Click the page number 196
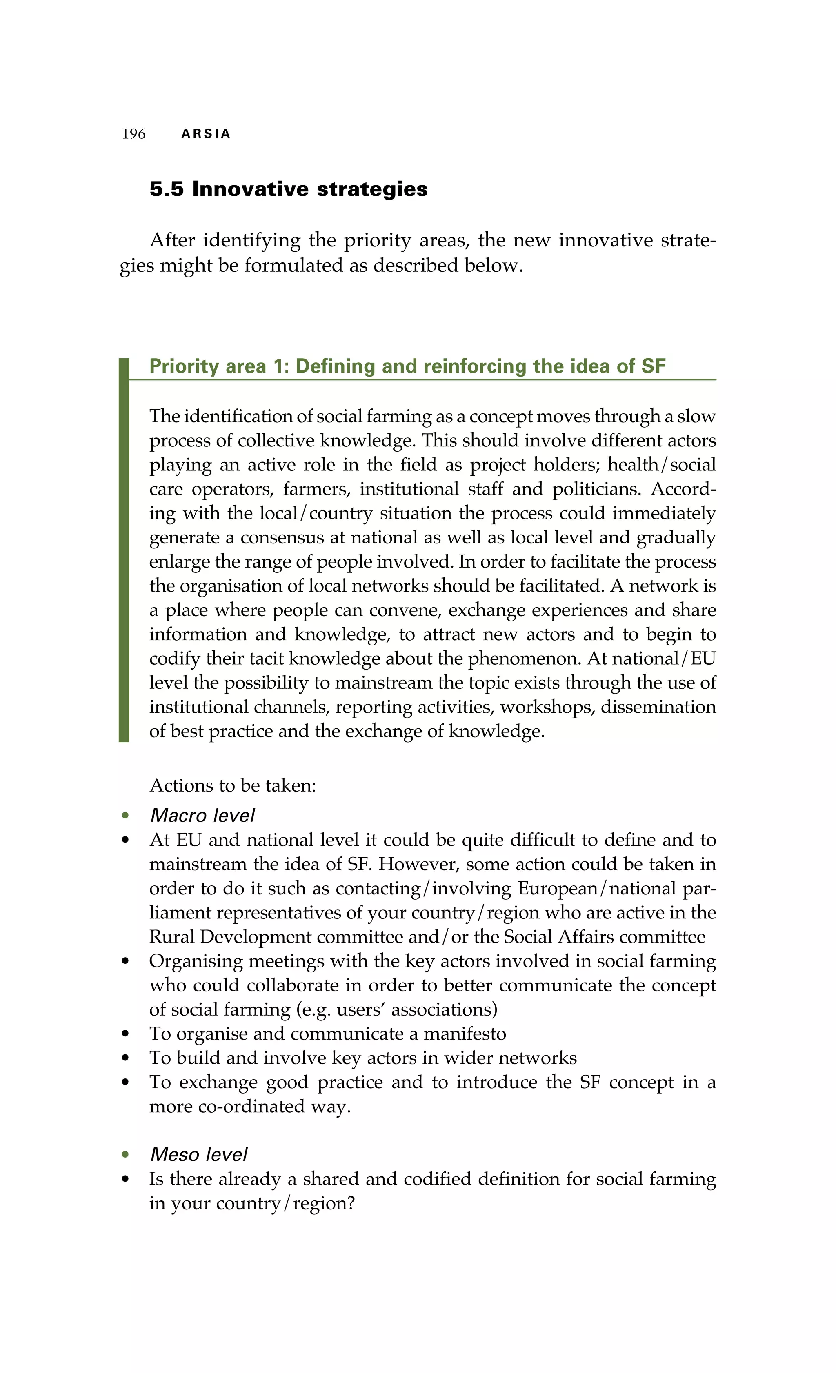134,134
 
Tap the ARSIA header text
206,134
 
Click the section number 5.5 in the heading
166,189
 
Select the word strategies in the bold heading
372,189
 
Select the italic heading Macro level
202,816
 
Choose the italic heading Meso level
198,1155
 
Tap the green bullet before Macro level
125,816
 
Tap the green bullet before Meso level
125,1155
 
